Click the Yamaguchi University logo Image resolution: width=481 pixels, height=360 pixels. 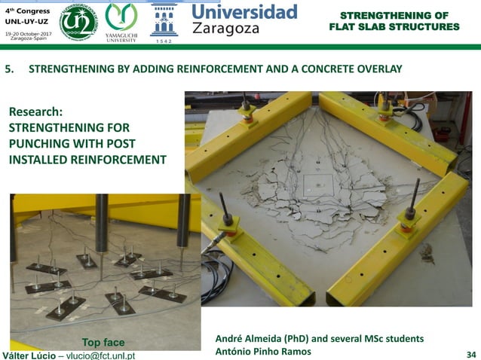121,21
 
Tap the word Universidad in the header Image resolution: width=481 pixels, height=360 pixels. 244,12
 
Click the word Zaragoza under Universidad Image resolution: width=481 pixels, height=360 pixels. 225,29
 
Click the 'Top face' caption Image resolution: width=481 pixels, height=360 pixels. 103,343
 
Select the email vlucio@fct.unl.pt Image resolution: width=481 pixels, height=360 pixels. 101,355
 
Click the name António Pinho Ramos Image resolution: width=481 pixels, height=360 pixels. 262,352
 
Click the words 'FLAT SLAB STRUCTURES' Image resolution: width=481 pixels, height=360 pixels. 394,27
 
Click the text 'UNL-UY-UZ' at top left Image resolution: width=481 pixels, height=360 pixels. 28,23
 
